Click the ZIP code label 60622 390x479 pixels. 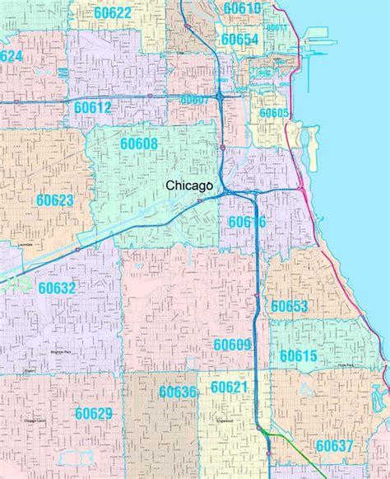pyautogui.click(x=112, y=12)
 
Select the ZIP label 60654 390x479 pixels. pyautogui.click(x=240, y=40)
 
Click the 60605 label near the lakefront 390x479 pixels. pyautogui.click(x=274, y=113)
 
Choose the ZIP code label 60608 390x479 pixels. pyautogui.click(x=139, y=144)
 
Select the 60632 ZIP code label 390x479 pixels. pyautogui.click(x=57, y=288)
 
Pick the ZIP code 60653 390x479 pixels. pyautogui.click(x=289, y=307)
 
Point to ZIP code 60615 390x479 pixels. pyautogui.click(x=298, y=355)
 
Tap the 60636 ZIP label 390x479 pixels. pyautogui.click(x=179, y=392)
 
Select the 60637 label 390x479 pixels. pyautogui.click(x=334, y=445)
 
